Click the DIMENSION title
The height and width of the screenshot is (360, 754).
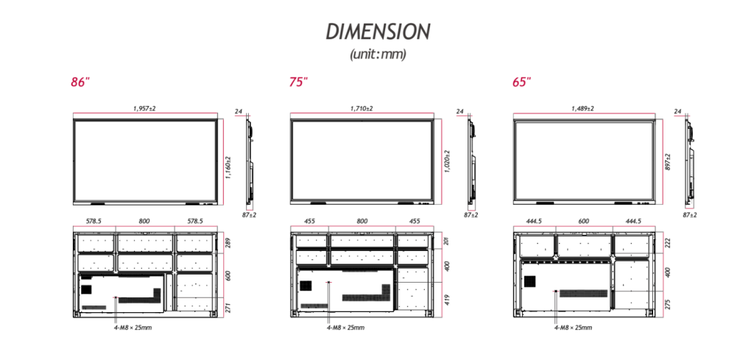coord(378,32)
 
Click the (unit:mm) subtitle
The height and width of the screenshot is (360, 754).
coord(378,54)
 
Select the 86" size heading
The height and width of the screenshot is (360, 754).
coord(80,82)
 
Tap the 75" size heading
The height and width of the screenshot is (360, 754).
coord(298,82)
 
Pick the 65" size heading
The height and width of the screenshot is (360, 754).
coord(522,82)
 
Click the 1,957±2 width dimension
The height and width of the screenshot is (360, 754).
coord(145,109)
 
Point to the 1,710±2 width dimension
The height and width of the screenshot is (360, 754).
coord(362,109)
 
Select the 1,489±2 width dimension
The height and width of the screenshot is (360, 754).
coord(583,109)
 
